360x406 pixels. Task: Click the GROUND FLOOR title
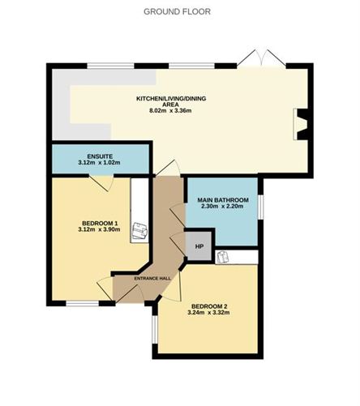177,11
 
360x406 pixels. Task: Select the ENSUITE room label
100,155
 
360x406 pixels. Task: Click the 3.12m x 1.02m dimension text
100,163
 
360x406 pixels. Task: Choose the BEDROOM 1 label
101,222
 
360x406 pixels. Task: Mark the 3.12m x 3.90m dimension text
101,230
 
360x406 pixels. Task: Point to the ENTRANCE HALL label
152,279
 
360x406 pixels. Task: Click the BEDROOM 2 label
208,306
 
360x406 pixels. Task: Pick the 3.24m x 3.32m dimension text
208,313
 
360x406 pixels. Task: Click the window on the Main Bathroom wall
261,207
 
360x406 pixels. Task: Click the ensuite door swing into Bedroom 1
102,182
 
